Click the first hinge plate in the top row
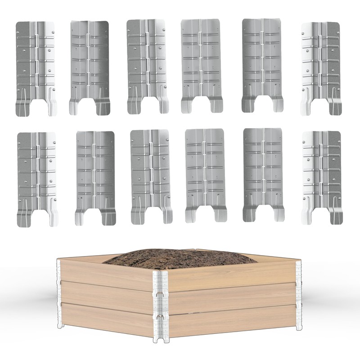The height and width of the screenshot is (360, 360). (36, 63)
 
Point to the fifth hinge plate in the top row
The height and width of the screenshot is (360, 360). (261, 63)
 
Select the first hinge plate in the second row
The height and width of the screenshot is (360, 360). (36, 175)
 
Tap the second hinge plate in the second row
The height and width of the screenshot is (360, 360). (94, 175)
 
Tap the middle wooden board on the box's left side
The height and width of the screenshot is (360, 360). (106, 297)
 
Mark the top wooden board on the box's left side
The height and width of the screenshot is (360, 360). (106, 272)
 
